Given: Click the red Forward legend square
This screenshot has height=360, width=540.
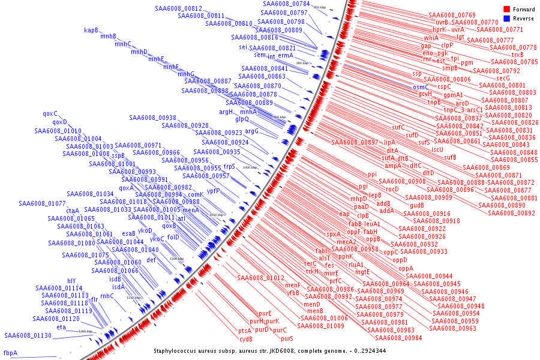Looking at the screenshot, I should tap(506, 9).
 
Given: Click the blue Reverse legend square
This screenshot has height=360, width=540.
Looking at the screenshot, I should tap(506, 18).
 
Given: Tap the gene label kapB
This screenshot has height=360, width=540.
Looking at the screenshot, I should tap(91, 30).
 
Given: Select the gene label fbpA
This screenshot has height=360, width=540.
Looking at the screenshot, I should tap(11, 353).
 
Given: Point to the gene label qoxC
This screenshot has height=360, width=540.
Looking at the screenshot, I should tap(50, 113).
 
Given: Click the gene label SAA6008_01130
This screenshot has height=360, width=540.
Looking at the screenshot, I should tap(28, 335).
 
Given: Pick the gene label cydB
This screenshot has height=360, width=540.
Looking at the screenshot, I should tap(246, 339).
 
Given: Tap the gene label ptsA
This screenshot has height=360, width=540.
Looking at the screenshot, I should tap(245, 331).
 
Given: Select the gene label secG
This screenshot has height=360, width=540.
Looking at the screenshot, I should tap(503, 78).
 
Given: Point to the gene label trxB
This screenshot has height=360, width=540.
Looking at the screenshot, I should tap(517, 55).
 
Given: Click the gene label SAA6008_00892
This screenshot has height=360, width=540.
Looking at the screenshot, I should tap(511, 213).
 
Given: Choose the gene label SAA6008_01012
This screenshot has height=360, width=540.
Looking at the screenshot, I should tap(260, 278).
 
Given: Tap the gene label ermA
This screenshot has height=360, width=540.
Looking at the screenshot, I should tap(286, 55).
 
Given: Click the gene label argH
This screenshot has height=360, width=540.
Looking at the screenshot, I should tap(226, 112).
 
